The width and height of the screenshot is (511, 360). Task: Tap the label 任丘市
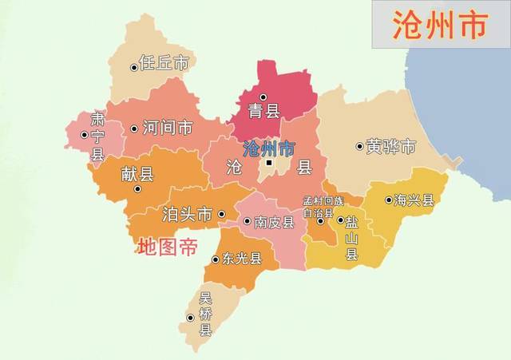coord(164,62)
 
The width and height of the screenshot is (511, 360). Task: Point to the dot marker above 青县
coord(263,97)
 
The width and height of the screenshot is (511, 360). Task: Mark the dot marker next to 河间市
coord(134,129)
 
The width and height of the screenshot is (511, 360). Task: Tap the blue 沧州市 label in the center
coord(267,148)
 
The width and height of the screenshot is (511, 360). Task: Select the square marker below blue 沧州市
coord(270,164)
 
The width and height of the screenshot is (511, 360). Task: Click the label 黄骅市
coord(390,147)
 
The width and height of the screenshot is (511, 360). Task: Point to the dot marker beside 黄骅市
coord(359,147)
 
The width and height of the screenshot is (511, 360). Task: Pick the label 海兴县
coord(415,200)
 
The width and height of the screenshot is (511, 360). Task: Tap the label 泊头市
coord(187,214)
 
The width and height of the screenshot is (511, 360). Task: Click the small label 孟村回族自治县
coord(323,208)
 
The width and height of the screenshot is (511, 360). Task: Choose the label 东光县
coord(242,259)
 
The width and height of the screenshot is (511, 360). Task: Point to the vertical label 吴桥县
coord(205,314)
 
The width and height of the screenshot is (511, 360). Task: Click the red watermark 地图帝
coord(167,247)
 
